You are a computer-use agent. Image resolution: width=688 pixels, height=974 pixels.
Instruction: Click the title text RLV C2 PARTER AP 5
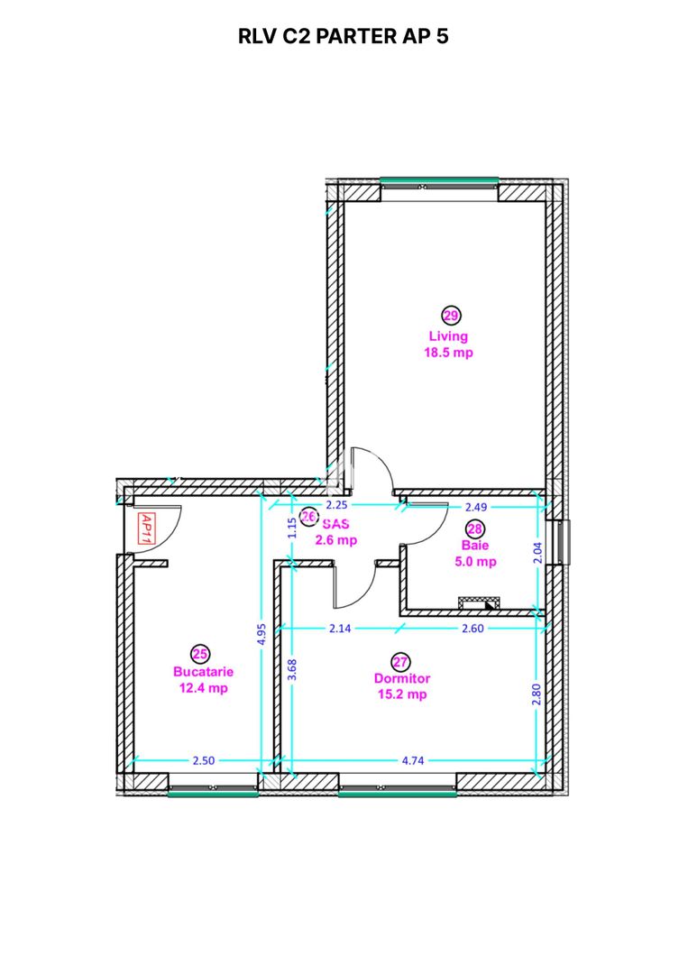[344, 37]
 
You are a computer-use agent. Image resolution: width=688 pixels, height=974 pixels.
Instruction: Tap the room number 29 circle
[450, 315]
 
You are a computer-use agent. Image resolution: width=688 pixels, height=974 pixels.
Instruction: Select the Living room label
[448, 336]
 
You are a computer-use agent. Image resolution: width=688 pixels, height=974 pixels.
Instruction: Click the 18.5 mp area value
[448, 353]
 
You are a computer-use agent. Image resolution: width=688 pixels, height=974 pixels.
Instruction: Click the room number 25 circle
[201, 653]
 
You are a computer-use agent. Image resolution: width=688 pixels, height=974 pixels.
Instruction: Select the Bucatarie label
[203, 671]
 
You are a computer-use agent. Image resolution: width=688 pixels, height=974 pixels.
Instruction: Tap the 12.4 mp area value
[203, 688]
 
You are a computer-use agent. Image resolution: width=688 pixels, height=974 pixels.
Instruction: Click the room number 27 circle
[401, 661]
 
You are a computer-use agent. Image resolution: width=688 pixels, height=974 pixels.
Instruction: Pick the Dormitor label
[402, 678]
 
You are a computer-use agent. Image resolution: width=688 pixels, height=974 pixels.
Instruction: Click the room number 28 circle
[474, 529]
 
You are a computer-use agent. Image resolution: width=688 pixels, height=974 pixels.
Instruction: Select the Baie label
[474, 546]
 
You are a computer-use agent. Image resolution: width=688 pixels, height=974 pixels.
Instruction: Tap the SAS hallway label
[335, 524]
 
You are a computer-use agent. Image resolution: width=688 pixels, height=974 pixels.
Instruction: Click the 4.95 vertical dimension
[261, 635]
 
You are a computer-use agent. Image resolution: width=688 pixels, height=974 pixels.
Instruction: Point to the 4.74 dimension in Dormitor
[413, 760]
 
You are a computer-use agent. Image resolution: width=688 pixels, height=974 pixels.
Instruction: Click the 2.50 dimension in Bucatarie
[204, 760]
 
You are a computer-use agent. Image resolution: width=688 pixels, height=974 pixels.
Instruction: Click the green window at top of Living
[439, 180]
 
